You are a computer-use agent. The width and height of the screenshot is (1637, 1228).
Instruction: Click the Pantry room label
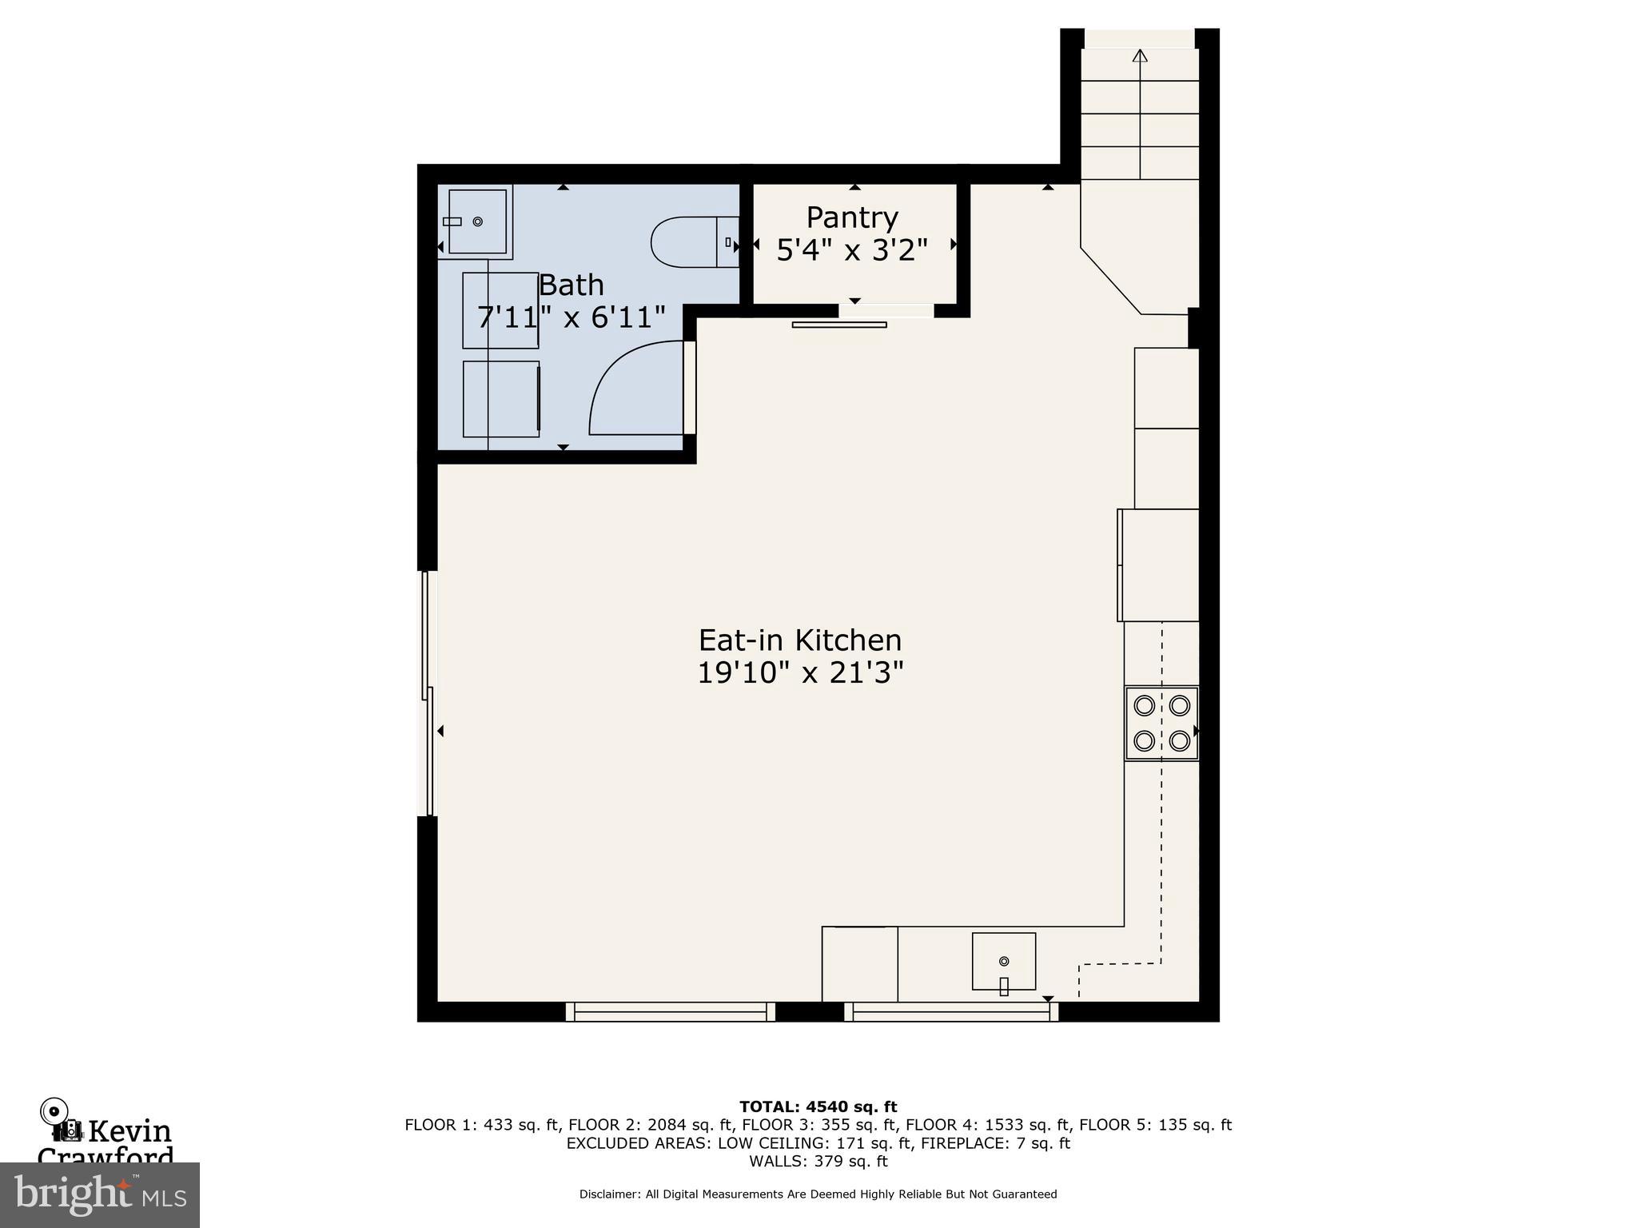(852, 217)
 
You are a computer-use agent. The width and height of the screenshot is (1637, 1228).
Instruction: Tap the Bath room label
(571, 285)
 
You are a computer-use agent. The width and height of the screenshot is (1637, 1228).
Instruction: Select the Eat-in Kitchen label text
(800, 640)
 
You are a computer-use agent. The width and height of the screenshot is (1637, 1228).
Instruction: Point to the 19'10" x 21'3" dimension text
(800, 673)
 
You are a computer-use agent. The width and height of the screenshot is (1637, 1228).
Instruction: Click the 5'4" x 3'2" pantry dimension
(852, 250)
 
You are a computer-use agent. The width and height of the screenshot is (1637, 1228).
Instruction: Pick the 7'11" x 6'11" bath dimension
(571, 317)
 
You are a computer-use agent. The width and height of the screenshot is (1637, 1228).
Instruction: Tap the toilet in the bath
(695, 242)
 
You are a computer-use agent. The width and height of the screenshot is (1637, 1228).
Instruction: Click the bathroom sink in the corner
(476, 221)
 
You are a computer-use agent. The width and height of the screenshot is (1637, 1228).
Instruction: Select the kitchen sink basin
(1004, 962)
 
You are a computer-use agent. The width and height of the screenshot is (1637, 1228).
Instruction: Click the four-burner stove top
(1162, 724)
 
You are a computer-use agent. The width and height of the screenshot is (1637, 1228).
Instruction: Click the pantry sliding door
(839, 324)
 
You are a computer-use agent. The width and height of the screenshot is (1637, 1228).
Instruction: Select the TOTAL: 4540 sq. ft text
(818, 1107)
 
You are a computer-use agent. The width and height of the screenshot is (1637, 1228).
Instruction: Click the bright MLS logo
(100, 1194)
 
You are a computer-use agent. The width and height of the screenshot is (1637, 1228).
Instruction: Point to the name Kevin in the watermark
(129, 1131)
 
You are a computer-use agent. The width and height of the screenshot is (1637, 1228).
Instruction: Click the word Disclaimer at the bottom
(609, 1194)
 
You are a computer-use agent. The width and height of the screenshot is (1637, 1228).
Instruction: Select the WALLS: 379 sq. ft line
(818, 1162)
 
